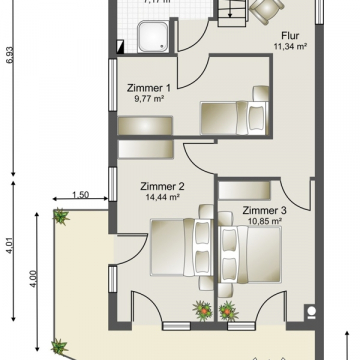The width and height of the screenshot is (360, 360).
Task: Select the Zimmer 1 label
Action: tap(147, 87)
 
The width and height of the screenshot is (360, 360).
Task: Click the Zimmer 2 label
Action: tap(162, 186)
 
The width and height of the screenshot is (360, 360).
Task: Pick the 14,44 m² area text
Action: tap(162, 197)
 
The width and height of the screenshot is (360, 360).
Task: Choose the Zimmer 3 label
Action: tap(264, 210)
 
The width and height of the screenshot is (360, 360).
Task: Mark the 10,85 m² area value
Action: tap(264, 221)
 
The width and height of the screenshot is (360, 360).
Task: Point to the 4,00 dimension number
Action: tap(35, 276)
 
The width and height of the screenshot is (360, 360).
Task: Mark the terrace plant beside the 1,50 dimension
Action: tap(61, 215)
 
